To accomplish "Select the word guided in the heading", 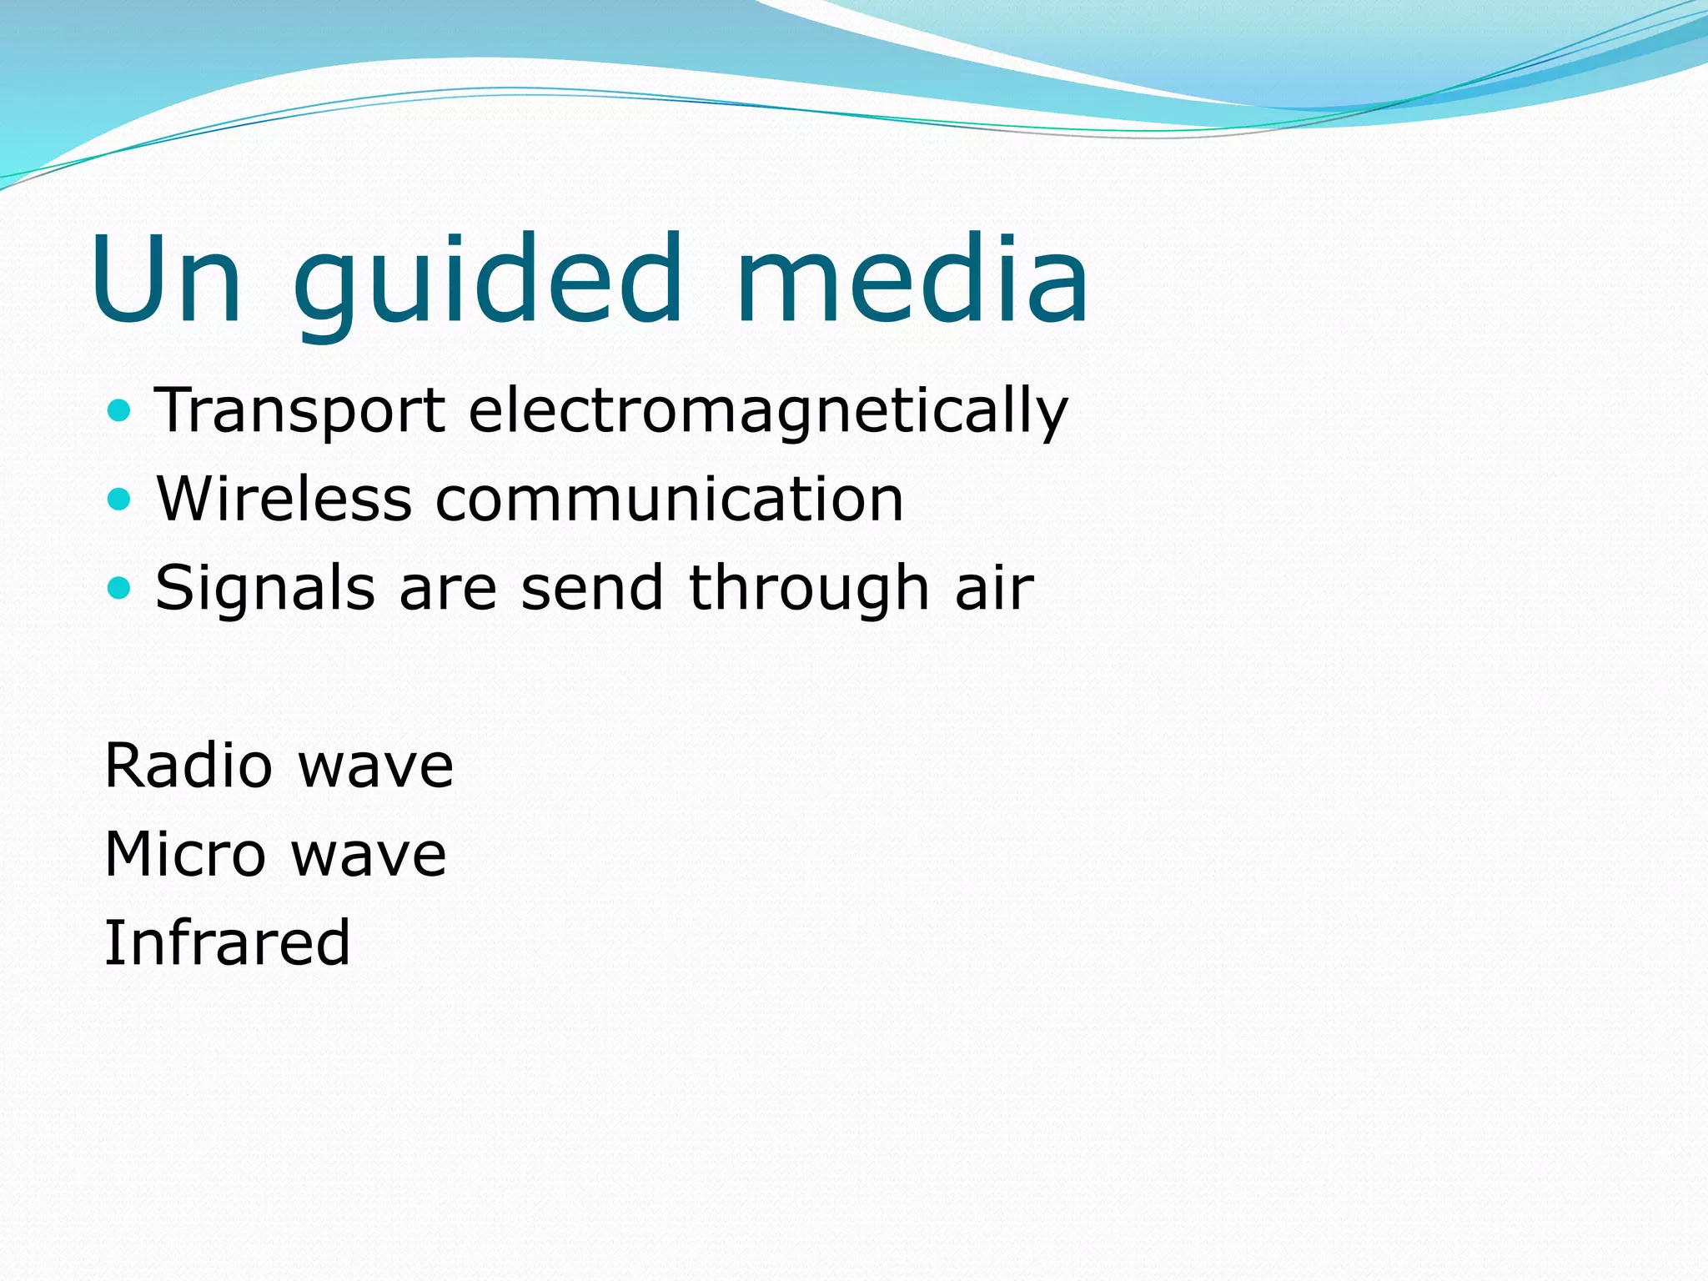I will (488, 284).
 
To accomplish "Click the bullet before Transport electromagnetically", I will (120, 410).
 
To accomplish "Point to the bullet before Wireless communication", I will (120, 500).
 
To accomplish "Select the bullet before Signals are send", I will (120, 588).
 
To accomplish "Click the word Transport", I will (300, 412).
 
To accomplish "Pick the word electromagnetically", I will (767, 412).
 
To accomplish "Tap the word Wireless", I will (284, 500).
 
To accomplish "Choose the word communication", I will (670, 500).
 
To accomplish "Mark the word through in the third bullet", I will (808, 589).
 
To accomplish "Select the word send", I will (592, 589).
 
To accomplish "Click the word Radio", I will (188, 766).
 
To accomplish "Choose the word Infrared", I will (227, 942).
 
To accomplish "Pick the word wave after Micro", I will (369, 856).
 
